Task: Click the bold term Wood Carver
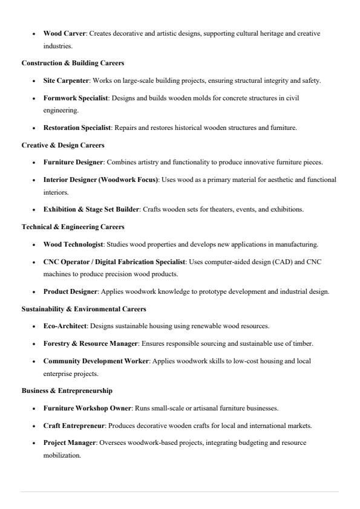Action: (65, 33)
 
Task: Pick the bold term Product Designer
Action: (71, 291)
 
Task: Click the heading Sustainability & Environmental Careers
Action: (83, 309)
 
